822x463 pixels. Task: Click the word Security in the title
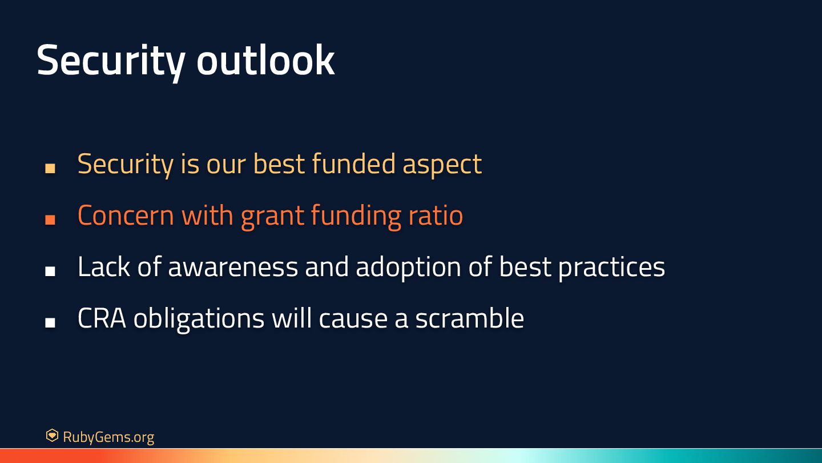[111, 61]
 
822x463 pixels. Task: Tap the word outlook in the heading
[265, 59]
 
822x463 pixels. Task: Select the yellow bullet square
[50, 168]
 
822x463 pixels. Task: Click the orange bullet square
[50, 219]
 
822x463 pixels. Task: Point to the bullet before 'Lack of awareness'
[50, 271]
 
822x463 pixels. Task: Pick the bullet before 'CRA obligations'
[50, 322]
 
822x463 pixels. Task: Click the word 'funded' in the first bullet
[354, 163]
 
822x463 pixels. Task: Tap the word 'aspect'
[442, 166]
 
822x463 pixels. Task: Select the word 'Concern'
[126, 215]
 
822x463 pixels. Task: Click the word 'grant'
[272, 218]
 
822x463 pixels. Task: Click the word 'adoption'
[408, 268]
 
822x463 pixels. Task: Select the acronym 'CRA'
[102, 318]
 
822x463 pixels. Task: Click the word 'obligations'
[199, 320]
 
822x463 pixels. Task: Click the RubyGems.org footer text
[108, 437]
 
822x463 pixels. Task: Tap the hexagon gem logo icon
[52, 436]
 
